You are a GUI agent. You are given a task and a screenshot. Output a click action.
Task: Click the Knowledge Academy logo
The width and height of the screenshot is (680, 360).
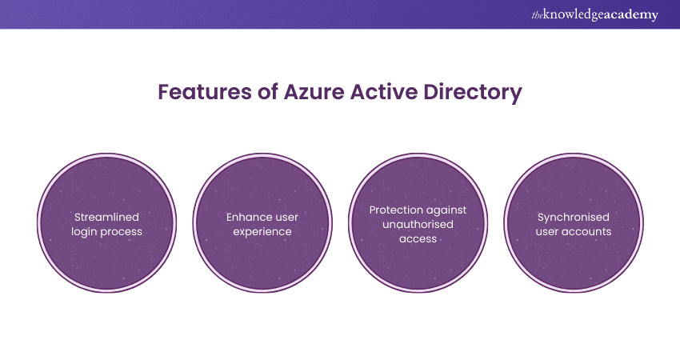pyautogui.click(x=594, y=14)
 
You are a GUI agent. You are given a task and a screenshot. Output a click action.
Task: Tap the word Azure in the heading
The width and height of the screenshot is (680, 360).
pyautogui.click(x=314, y=92)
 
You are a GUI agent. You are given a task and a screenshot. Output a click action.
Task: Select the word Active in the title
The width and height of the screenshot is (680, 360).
pyautogui.click(x=384, y=92)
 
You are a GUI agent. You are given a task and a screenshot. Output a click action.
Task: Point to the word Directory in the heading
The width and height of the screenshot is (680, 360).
pyautogui.click(x=473, y=93)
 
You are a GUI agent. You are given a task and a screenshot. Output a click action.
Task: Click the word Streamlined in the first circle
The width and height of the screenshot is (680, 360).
pyautogui.click(x=106, y=217)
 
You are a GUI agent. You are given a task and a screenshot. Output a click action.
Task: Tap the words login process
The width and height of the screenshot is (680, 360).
pyautogui.click(x=106, y=232)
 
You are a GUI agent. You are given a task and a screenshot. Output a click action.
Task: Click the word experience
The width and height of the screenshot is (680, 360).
pyautogui.click(x=262, y=232)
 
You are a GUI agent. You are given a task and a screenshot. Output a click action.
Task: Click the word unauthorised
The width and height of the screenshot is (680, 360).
pyautogui.click(x=418, y=224)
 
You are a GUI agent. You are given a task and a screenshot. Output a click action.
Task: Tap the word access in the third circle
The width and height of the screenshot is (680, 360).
pyautogui.click(x=418, y=239)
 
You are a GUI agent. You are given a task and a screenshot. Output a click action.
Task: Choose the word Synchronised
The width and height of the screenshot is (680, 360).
pyautogui.click(x=574, y=218)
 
